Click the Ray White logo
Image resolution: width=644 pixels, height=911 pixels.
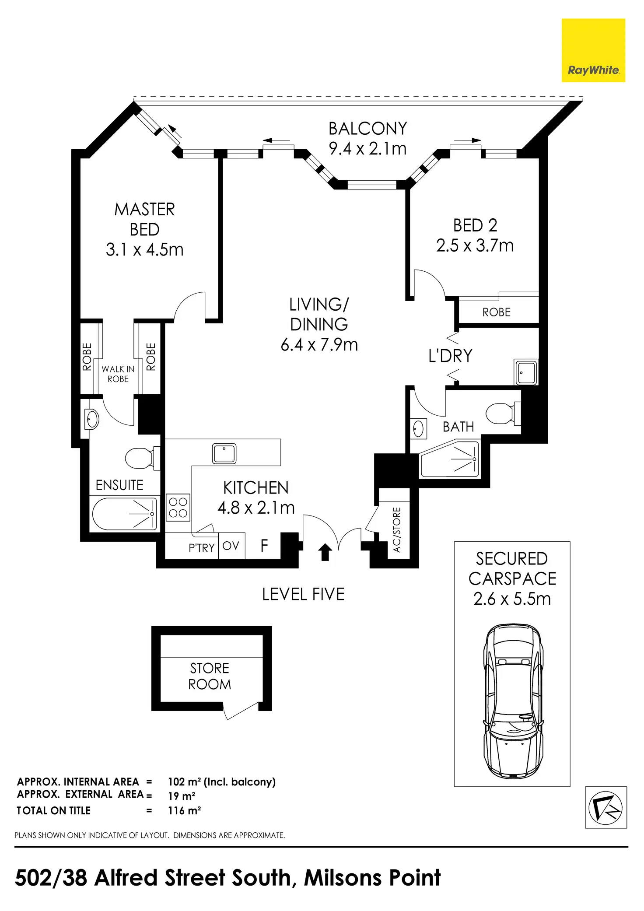[593, 50]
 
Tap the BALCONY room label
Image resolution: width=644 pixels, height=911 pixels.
[367, 129]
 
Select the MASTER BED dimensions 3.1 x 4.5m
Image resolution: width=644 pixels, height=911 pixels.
[144, 250]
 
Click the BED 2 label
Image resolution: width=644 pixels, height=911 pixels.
[475, 225]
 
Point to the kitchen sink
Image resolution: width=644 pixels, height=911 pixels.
[224, 453]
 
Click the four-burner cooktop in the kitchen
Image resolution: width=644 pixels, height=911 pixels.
[178, 508]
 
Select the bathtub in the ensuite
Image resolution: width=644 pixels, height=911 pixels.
[125, 514]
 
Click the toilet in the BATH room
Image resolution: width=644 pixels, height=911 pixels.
[503, 413]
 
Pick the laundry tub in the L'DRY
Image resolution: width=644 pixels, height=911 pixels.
[526, 372]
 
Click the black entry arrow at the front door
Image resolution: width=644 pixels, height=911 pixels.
[325, 552]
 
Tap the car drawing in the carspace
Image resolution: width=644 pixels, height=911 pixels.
[513, 701]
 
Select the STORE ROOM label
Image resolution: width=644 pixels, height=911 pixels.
[210, 676]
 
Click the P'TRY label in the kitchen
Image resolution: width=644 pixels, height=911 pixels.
[202, 548]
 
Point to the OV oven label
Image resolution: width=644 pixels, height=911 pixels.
[231, 546]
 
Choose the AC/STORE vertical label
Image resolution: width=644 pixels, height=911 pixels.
[397, 529]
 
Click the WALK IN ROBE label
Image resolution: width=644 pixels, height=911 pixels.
[118, 374]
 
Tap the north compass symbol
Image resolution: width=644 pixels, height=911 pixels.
[606, 807]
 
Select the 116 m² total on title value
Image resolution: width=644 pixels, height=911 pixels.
[184, 810]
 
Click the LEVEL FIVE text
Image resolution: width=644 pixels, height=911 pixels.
[303, 594]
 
